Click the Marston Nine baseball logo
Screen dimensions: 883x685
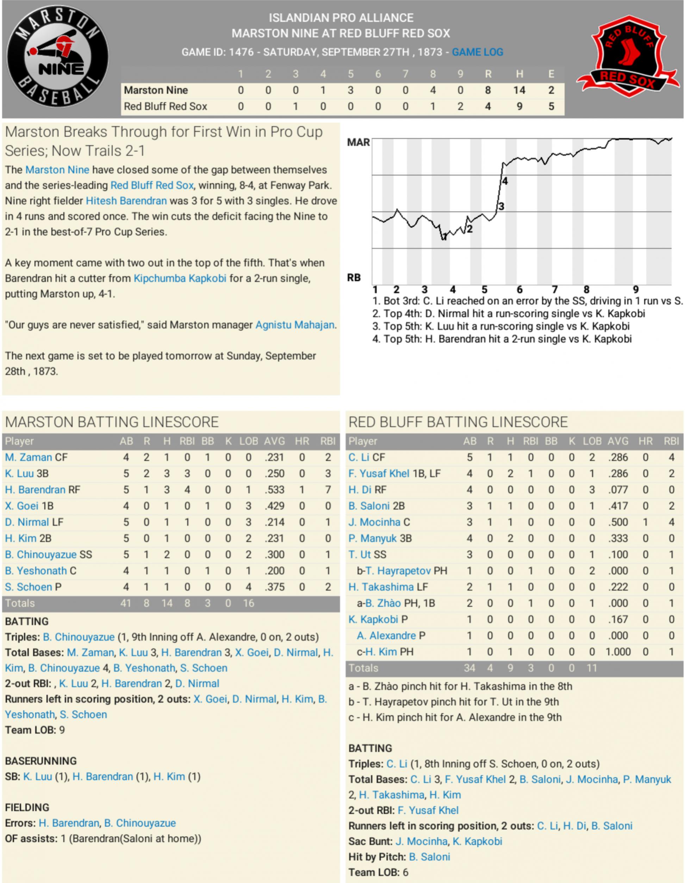pos(57,57)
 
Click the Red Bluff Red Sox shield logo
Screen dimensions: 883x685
pos(628,57)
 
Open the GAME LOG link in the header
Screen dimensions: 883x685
pos(478,52)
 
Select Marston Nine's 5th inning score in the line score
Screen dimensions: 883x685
pos(350,90)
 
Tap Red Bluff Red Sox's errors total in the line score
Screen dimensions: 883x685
pos(551,106)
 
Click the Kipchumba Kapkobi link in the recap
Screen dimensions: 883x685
pos(180,278)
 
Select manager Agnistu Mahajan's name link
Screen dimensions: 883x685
pos(295,325)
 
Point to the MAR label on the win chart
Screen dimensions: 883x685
pos(358,142)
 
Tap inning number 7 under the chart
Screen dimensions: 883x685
pos(555,289)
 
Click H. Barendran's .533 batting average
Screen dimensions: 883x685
pos(275,490)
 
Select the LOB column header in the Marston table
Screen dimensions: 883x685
pos(248,441)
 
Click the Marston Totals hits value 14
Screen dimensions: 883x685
pos(167,603)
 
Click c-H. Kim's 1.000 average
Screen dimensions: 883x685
pos(618,652)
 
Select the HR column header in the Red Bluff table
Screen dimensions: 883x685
pos(646,441)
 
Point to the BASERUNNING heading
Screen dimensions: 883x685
pos(41,761)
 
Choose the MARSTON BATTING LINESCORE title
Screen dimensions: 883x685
pos(112,422)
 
